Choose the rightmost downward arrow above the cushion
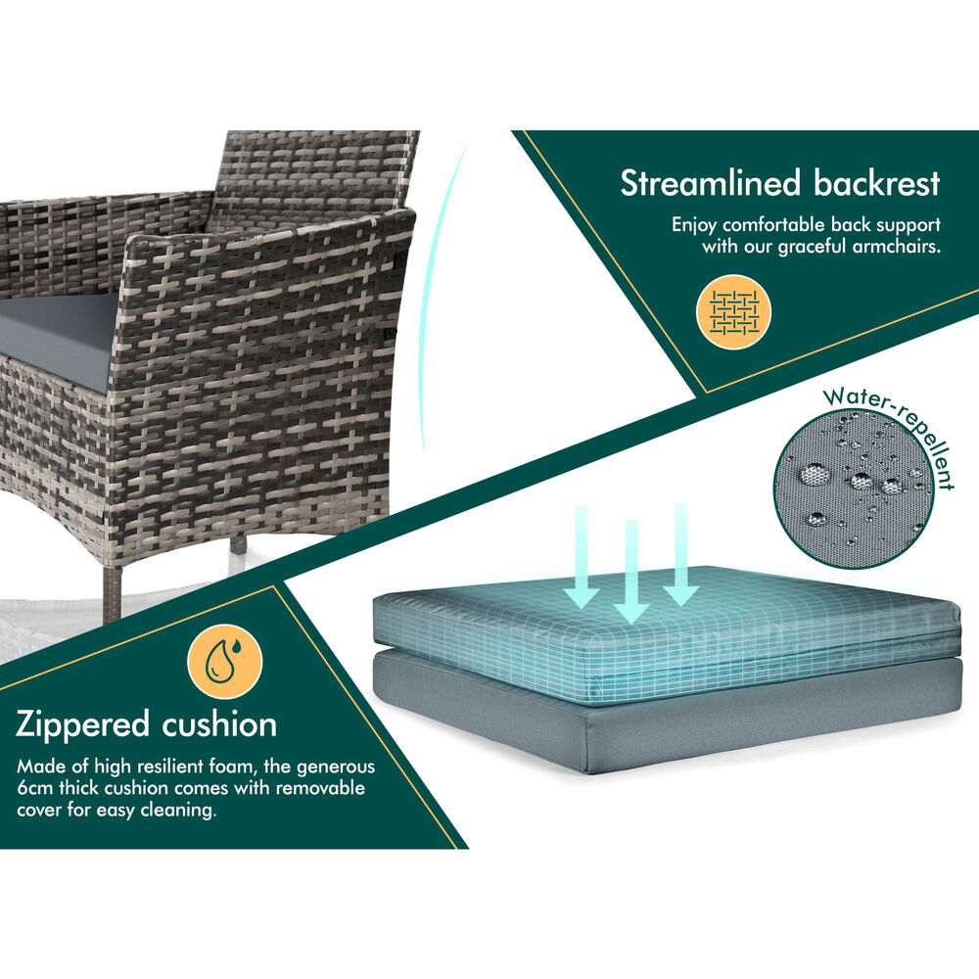click(680, 553)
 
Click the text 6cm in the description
click(37, 788)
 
